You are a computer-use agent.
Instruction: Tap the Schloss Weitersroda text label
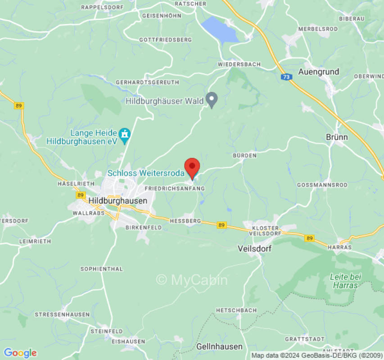point(146,173)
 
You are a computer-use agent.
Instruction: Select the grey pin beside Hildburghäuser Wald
point(212,99)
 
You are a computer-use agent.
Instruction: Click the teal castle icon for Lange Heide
point(124,134)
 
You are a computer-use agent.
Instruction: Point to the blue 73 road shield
point(286,77)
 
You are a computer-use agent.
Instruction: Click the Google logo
point(20,353)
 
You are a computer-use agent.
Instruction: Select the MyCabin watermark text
point(192,280)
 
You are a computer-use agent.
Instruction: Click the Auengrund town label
point(319,72)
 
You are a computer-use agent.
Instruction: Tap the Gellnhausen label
point(219,346)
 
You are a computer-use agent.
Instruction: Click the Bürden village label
point(244,155)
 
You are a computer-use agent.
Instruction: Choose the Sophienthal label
point(101,269)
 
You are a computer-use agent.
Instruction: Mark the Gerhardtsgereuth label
point(147,82)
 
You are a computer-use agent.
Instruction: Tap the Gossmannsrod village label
point(322,185)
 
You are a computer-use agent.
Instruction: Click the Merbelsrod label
point(318,29)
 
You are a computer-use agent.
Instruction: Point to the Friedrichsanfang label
point(175,189)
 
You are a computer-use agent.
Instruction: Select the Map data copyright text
point(317,355)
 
